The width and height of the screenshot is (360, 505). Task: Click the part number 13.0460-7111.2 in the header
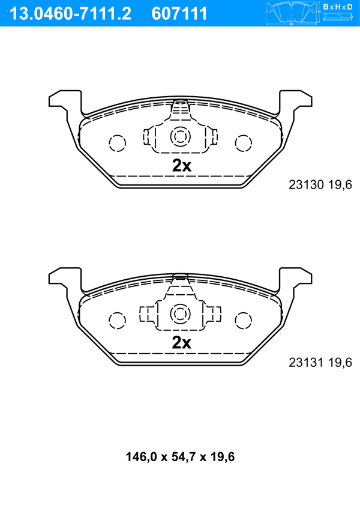click(70, 14)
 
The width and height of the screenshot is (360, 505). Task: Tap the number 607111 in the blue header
click(179, 14)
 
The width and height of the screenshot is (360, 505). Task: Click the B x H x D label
click(338, 7)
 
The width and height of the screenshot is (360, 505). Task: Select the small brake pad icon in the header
click(292, 12)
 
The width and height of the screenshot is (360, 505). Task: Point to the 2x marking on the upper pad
click(181, 166)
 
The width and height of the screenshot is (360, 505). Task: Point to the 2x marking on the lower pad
click(181, 343)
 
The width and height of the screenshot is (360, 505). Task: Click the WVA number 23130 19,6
click(320, 184)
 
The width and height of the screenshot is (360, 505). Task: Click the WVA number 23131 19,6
click(320, 362)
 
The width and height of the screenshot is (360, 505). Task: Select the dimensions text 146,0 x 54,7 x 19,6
click(180, 457)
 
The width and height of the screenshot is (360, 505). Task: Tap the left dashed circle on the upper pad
click(118, 143)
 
